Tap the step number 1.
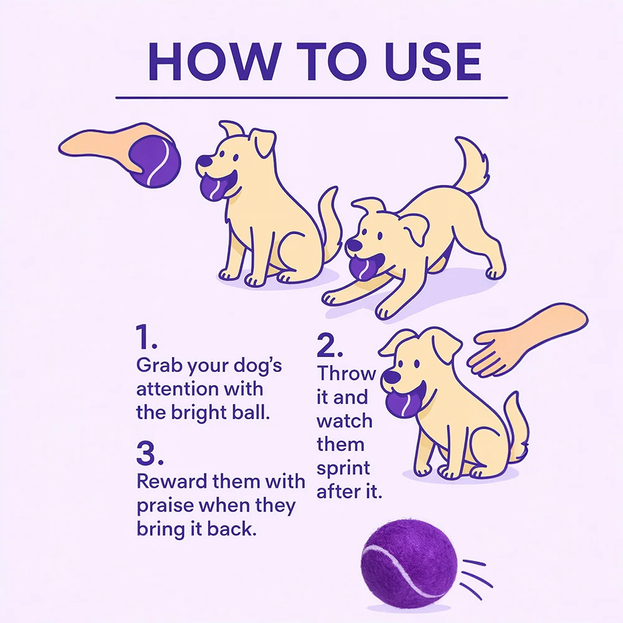coord(145,337)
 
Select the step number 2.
coord(329,345)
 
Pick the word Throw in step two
coord(346,373)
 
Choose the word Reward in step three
coord(172,481)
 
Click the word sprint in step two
coord(343,469)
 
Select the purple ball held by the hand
coord(155,161)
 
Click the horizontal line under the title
coord(311,97)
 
